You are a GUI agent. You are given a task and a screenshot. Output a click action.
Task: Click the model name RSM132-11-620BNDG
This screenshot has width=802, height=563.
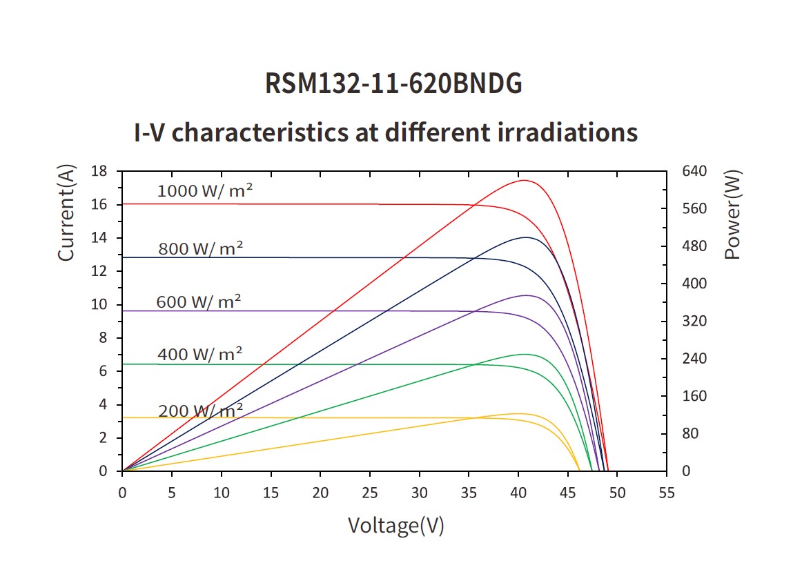[x=393, y=84]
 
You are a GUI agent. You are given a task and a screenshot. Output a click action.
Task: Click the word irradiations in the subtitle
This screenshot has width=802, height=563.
[x=567, y=132]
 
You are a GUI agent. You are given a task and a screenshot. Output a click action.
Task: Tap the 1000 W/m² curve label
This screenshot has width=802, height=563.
[x=205, y=191]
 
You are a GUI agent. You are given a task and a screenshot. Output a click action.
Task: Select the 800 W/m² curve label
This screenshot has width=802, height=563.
[x=201, y=248]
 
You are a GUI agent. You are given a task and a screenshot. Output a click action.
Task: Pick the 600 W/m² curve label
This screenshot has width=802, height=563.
[x=199, y=302]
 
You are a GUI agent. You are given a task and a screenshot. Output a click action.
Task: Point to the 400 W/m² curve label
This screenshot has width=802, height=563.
[x=200, y=355]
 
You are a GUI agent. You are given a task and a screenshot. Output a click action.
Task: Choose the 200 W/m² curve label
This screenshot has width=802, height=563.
[x=201, y=411]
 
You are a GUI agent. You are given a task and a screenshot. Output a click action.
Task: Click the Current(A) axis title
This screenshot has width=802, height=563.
[x=66, y=214]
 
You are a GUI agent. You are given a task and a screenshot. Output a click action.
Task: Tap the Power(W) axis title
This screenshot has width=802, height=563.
[x=733, y=214]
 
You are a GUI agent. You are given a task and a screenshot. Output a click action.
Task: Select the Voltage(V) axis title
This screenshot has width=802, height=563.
[x=395, y=526]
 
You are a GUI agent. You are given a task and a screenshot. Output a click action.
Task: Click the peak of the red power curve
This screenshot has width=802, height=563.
[x=525, y=180]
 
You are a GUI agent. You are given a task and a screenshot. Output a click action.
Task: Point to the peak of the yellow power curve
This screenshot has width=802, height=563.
[x=516, y=413]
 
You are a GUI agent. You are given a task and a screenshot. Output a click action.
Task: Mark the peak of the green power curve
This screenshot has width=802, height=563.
[x=526, y=354]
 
